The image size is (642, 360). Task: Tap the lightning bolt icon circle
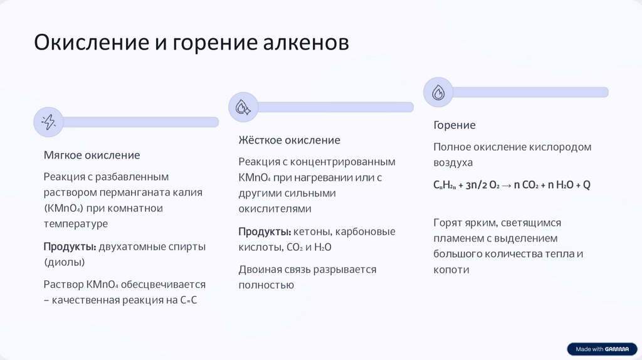click(x=48, y=122)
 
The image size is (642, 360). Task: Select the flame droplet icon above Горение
click(x=438, y=92)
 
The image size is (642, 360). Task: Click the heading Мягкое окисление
click(x=92, y=155)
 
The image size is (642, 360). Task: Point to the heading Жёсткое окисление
click(x=289, y=140)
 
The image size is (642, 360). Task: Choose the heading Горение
click(x=455, y=125)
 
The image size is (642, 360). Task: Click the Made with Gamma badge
click(x=601, y=349)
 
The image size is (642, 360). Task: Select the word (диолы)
click(x=64, y=262)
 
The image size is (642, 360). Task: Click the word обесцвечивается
click(x=163, y=284)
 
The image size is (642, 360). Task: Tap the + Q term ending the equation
click(x=582, y=185)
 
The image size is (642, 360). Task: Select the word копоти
click(x=451, y=270)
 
